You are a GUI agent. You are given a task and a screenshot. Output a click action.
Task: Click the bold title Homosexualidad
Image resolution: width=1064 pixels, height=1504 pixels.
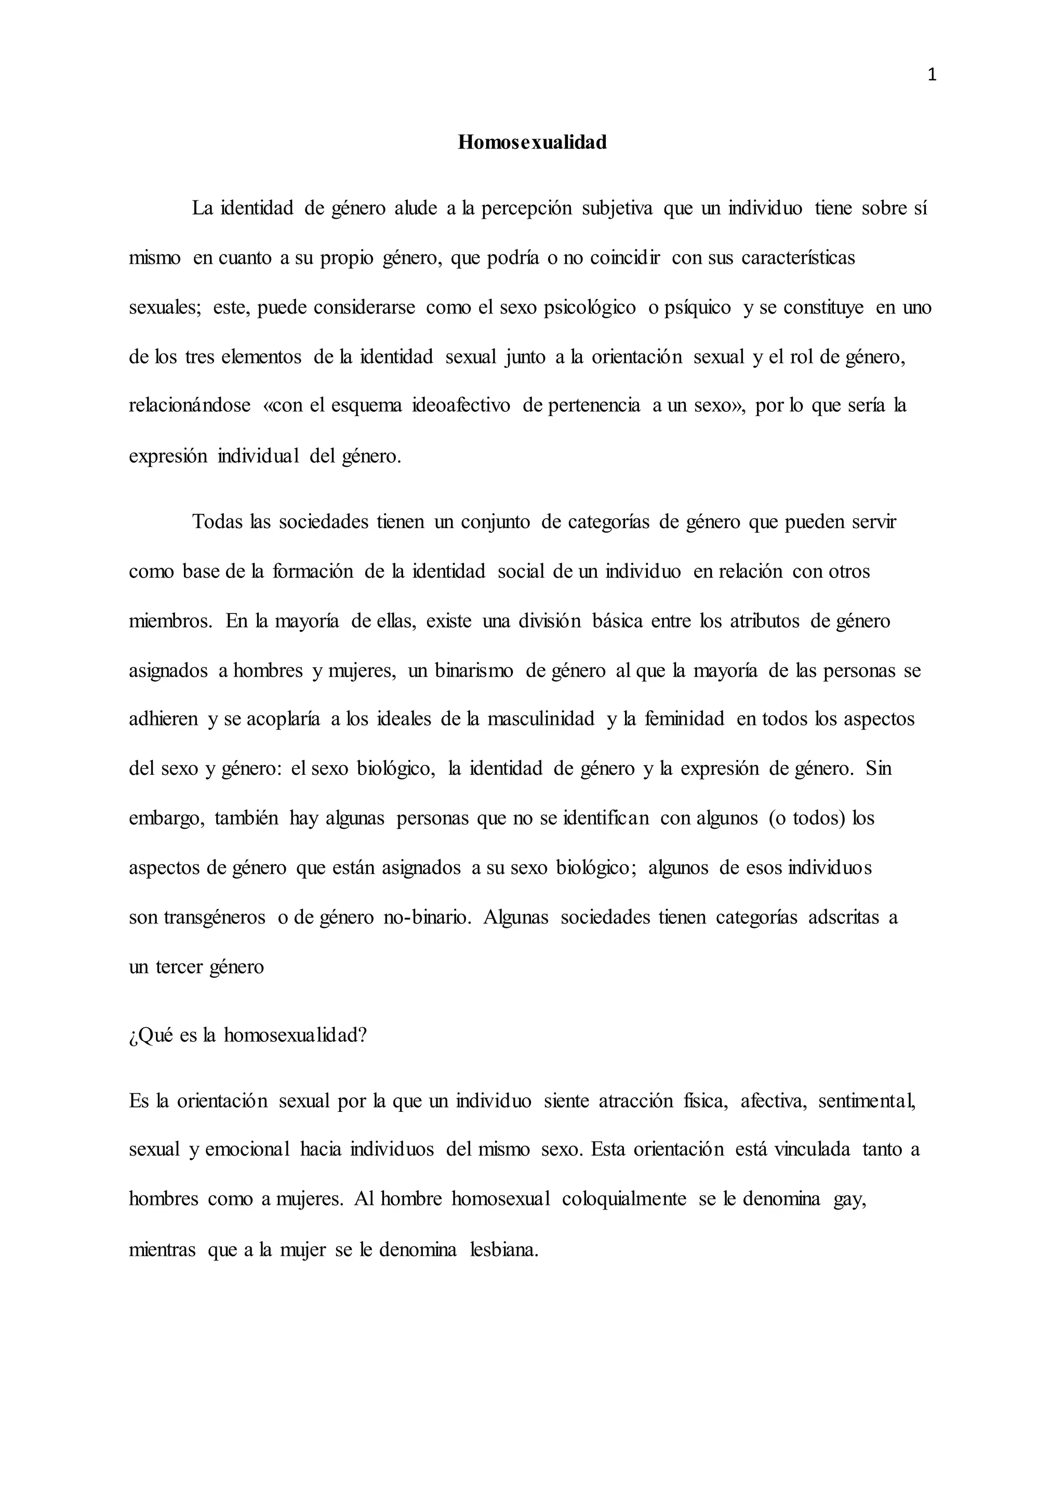click(x=532, y=142)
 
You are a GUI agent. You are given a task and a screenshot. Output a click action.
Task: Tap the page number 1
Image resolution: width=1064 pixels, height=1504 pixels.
click(x=932, y=76)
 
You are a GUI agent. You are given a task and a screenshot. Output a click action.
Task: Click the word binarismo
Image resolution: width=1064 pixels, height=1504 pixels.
click(x=474, y=671)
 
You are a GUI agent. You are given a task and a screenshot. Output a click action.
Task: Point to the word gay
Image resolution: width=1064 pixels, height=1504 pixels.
click(x=850, y=1201)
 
